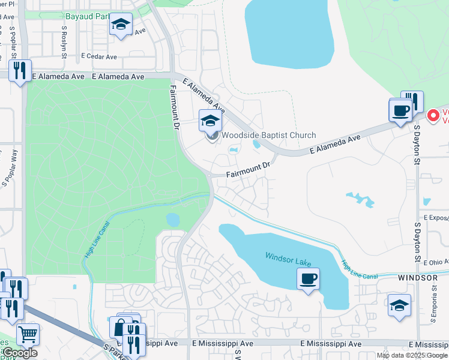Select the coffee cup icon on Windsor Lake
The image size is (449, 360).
click(x=308, y=279)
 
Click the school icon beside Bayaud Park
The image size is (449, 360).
click(x=121, y=25)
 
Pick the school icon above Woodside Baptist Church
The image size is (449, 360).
click(x=209, y=121)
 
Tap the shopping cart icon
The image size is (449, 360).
click(x=27, y=334)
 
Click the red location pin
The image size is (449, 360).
click(x=432, y=115)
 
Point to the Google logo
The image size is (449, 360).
click(x=19, y=353)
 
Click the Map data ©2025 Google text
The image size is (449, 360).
click(x=412, y=355)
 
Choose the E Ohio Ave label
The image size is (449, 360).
click(x=435, y=263)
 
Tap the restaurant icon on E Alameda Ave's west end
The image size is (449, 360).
click(x=20, y=71)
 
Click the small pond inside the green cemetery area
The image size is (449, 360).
click(x=173, y=220)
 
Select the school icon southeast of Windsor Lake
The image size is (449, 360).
click(x=399, y=305)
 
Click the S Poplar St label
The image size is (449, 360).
click(x=12, y=37)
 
